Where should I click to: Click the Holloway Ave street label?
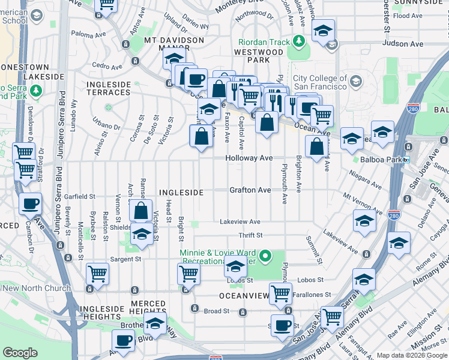[x=249, y=158]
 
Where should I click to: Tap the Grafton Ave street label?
[x=250, y=190]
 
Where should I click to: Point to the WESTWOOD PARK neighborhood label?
[x=258, y=56]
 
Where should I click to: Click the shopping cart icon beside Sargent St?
[x=98, y=274]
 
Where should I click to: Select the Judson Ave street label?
[x=399, y=43]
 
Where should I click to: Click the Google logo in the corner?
[x=20, y=353]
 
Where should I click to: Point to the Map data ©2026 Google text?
[x=411, y=355]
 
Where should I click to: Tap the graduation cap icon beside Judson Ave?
[x=323, y=31]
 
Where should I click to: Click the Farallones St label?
[x=319, y=295]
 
